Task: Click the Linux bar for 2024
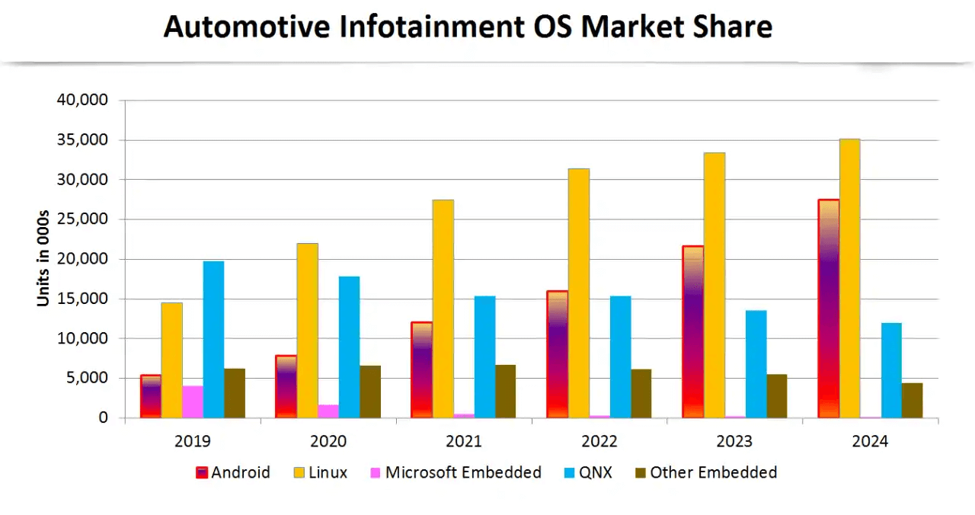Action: click(849, 278)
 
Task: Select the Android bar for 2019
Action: click(151, 396)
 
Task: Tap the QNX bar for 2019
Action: click(213, 339)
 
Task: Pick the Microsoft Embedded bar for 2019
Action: click(193, 401)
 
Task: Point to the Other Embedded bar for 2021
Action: click(505, 391)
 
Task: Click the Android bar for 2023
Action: click(692, 331)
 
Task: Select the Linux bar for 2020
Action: click(308, 330)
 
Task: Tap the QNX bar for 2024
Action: click(891, 370)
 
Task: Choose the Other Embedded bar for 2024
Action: click(912, 400)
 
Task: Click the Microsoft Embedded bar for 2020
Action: click(328, 411)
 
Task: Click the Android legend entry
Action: click(233, 472)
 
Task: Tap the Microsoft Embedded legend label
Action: click(462, 472)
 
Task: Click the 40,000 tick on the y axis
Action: click(82, 100)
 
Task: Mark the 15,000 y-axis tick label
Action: click(82, 299)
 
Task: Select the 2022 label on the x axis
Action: click(599, 441)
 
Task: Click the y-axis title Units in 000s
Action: click(43, 259)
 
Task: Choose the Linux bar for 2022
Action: click(578, 293)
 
